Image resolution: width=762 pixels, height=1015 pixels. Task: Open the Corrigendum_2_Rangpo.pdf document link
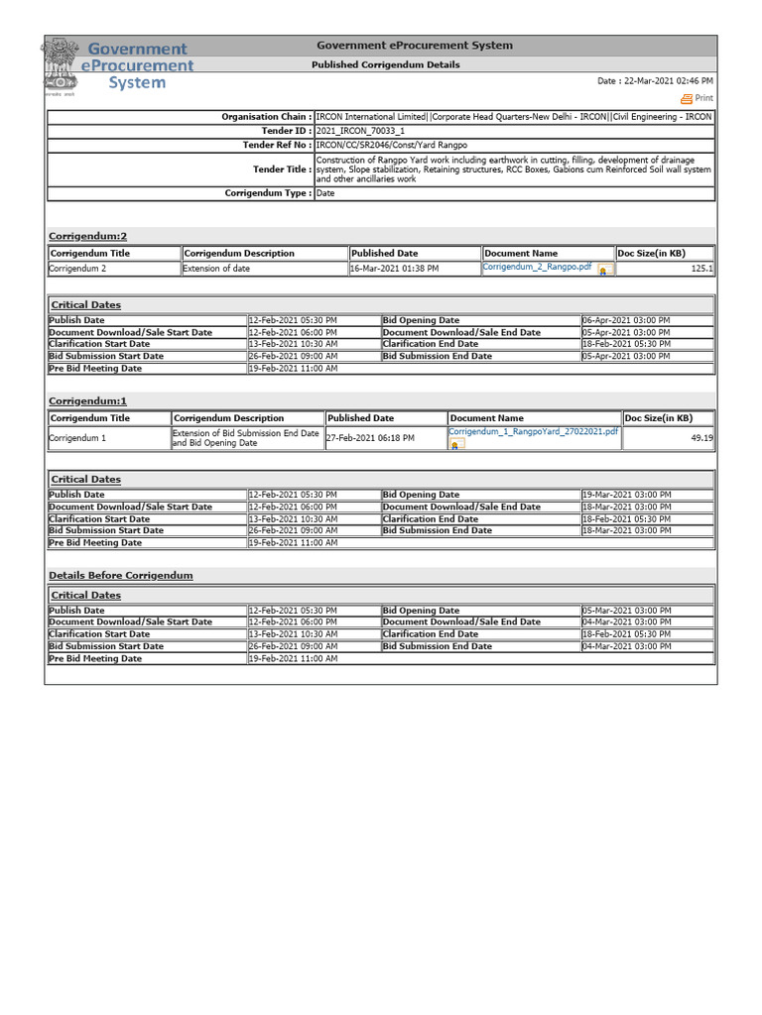click(537, 267)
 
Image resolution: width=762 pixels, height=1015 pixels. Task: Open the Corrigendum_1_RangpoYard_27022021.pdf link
click(533, 432)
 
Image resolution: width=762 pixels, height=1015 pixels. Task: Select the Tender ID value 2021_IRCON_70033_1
click(346, 131)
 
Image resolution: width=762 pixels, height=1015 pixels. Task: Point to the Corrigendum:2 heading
click(88, 236)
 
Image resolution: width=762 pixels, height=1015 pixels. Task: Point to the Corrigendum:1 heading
click(88, 400)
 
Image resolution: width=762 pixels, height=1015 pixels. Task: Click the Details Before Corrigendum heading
click(121, 575)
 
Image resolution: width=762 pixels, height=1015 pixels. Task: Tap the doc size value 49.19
click(701, 437)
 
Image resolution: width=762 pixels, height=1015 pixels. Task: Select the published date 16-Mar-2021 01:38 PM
click(394, 269)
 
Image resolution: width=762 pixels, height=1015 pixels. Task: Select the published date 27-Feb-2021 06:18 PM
click(371, 437)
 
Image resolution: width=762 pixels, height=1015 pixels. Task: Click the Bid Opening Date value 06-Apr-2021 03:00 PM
click(627, 320)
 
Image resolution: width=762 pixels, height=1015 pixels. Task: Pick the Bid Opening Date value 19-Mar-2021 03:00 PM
click(627, 495)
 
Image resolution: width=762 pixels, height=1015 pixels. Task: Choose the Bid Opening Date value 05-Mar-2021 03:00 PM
click(627, 611)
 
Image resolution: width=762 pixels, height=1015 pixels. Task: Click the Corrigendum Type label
click(268, 193)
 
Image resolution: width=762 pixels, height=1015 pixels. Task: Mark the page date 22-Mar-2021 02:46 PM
click(655, 81)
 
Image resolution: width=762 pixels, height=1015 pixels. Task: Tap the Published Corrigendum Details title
click(386, 64)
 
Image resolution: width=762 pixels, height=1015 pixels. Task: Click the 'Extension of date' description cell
click(216, 269)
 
